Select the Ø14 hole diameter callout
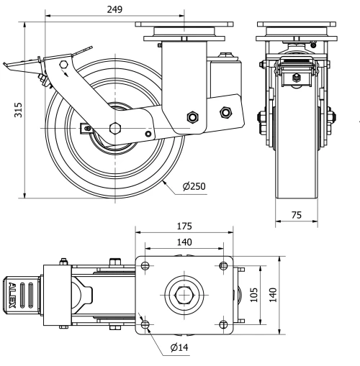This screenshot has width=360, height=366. click(x=181, y=349)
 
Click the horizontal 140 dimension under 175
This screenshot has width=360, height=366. click(x=184, y=243)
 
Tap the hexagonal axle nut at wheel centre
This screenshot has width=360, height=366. click(x=115, y=128)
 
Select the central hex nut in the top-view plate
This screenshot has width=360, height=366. click(x=184, y=296)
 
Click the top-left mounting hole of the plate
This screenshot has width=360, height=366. click(x=146, y=266)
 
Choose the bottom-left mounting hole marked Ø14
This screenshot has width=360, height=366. click(x=146, y=325)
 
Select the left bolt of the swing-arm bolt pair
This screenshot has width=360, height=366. click(x=192, y=118)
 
